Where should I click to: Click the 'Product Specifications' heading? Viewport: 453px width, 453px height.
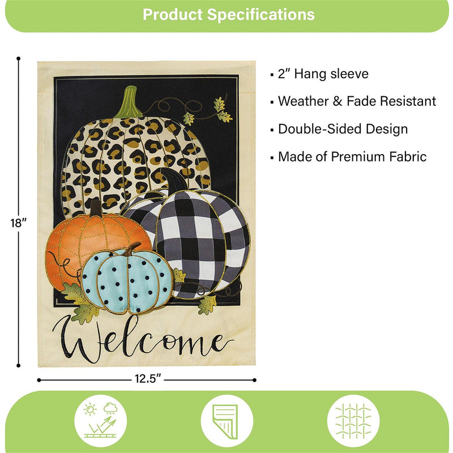[228, 14]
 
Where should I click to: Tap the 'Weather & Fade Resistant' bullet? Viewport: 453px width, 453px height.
[357, 101]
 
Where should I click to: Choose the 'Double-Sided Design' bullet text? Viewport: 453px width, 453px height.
[343, 129]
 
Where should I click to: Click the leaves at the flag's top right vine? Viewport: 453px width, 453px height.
[223, 110]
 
